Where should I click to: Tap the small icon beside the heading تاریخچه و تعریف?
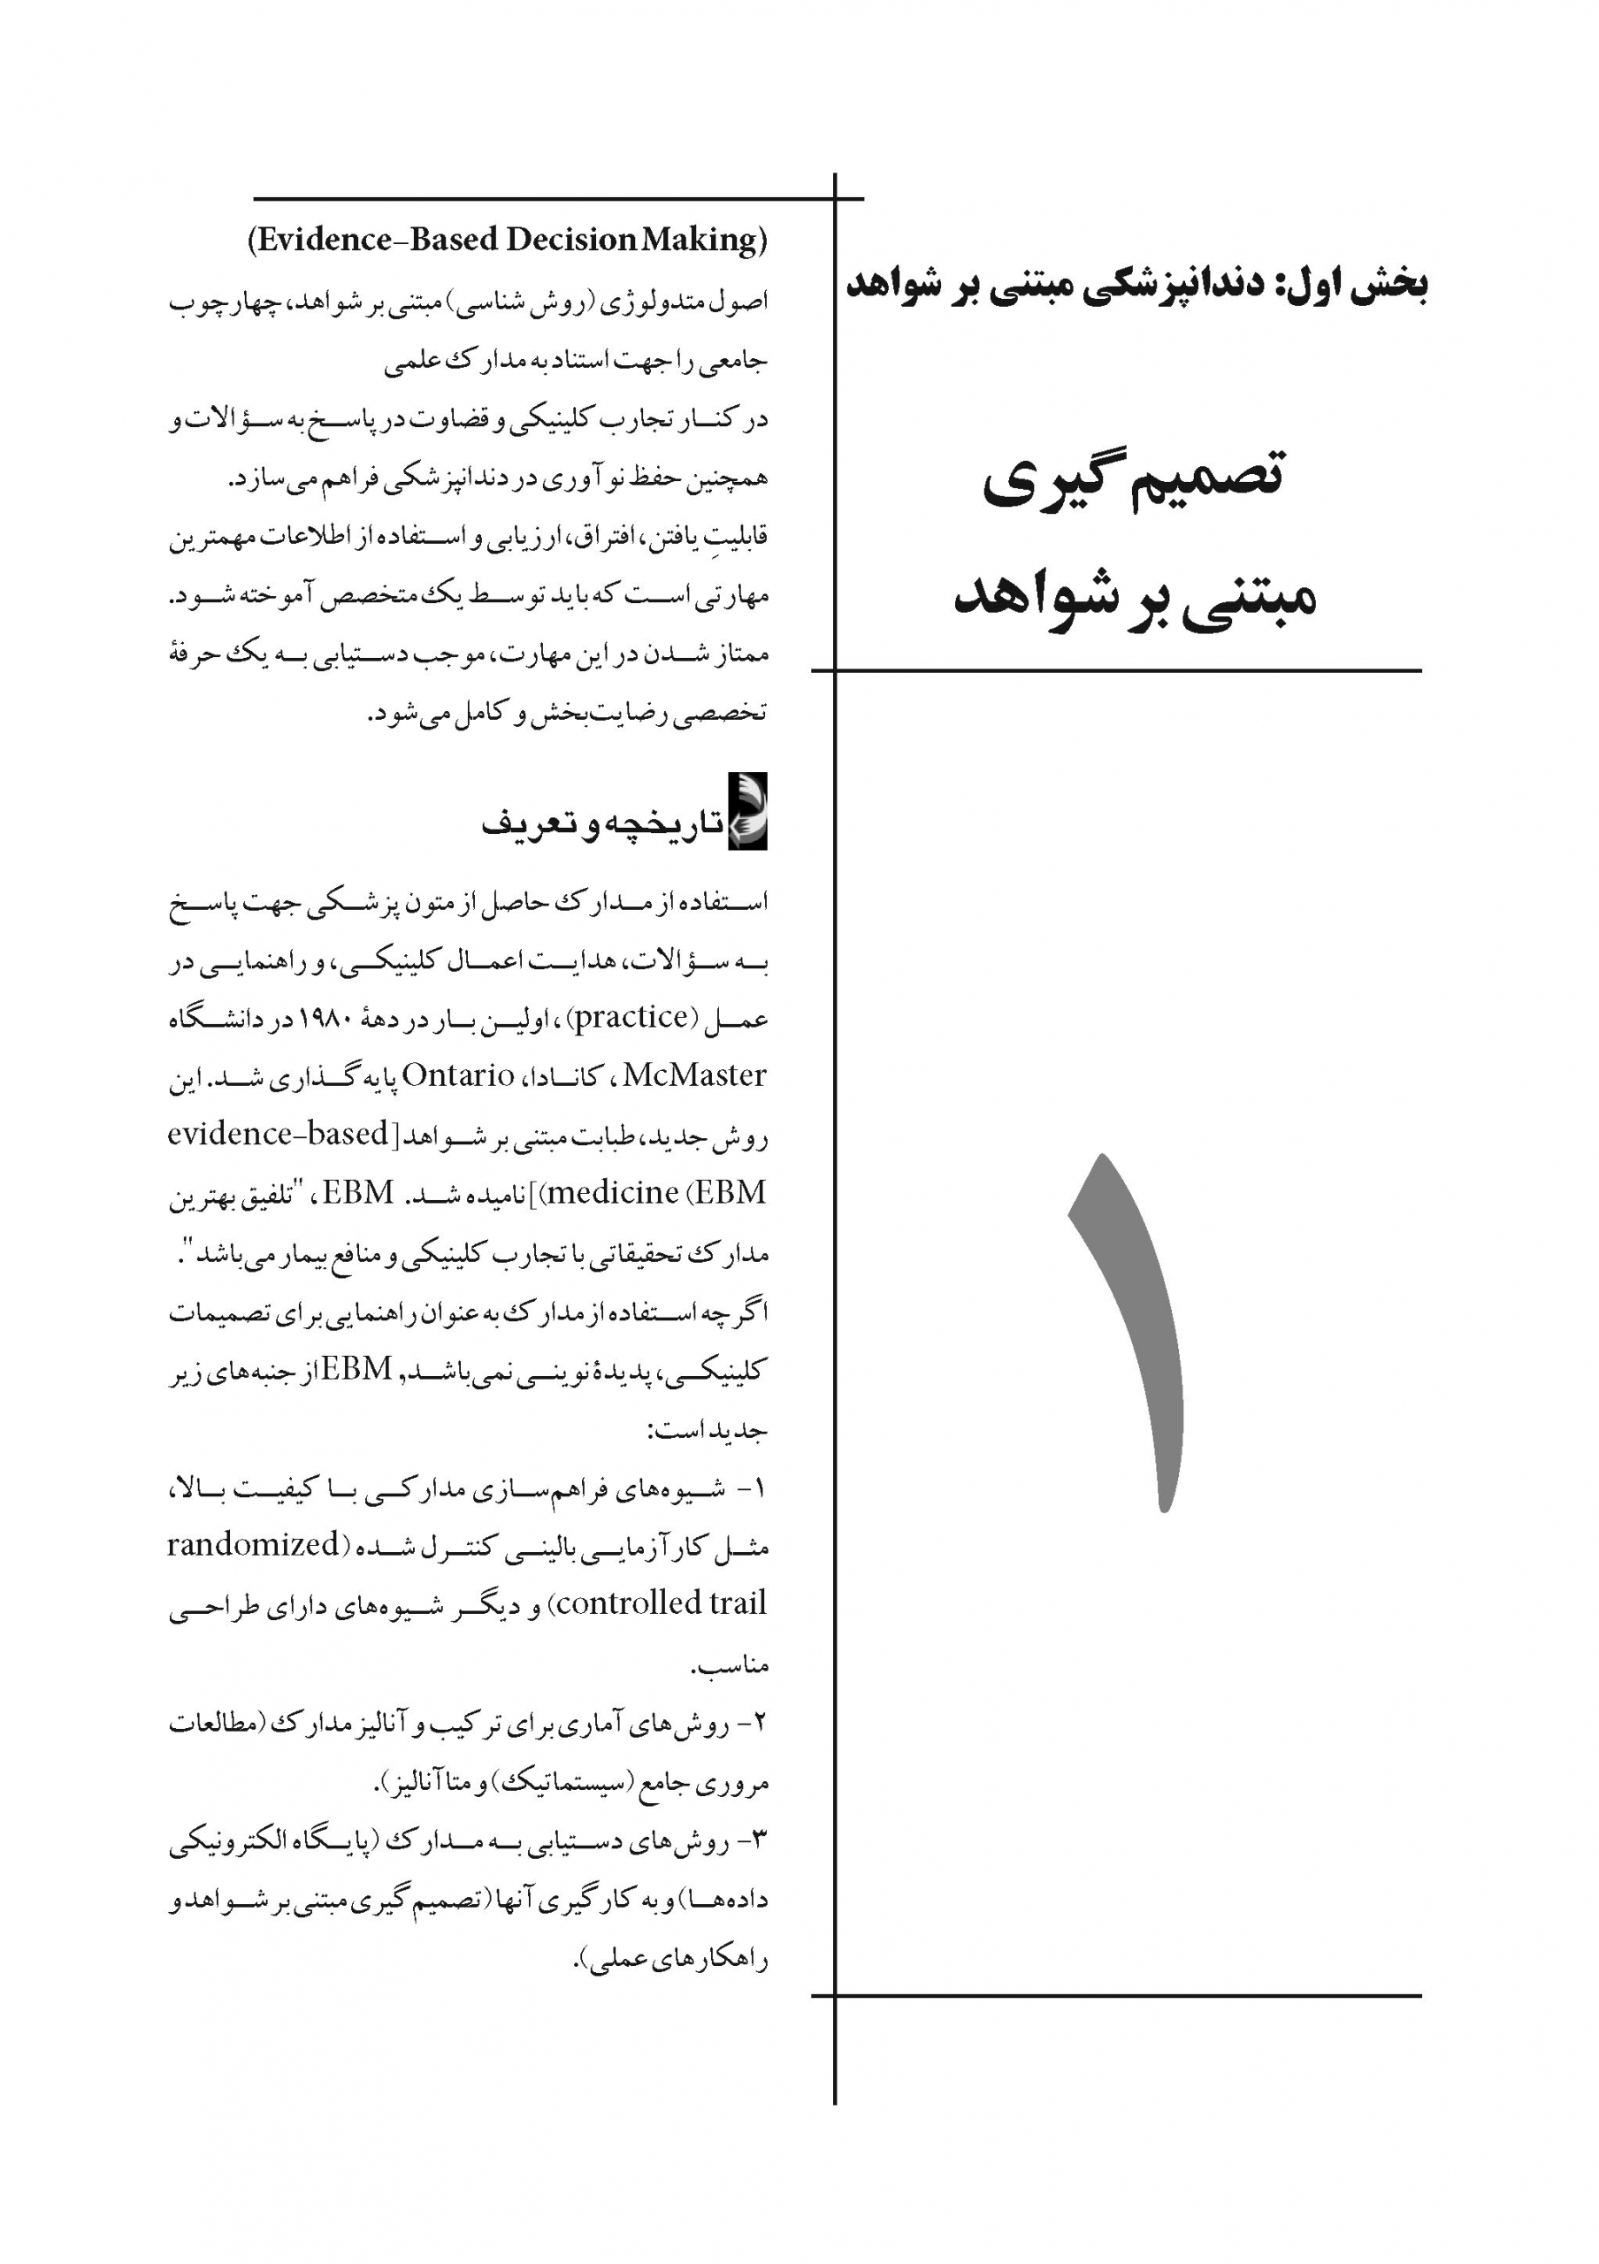[746, 813]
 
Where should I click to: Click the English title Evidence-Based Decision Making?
[507, 240]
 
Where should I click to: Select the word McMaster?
[694, 1075]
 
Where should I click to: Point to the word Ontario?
[458, 1075]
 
